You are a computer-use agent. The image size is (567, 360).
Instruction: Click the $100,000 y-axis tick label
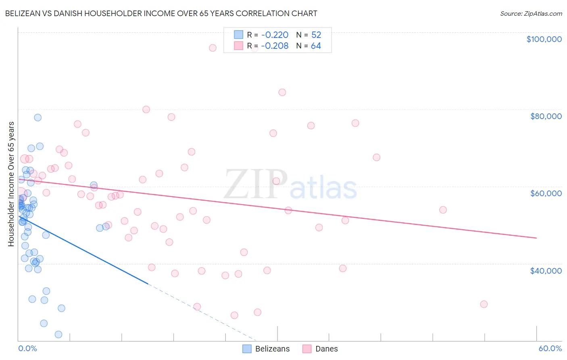544,39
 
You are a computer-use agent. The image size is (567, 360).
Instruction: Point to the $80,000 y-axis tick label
546,116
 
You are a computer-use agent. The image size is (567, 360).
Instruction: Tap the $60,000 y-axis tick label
546,193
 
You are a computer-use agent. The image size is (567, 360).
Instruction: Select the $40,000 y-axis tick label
546,270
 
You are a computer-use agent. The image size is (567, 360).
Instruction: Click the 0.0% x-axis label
27,348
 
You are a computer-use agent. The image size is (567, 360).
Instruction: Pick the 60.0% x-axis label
550,348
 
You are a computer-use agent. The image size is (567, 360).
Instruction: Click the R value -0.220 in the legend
275,35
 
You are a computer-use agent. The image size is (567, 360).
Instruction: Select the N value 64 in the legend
316,46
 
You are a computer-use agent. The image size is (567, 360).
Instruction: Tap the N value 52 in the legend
316,35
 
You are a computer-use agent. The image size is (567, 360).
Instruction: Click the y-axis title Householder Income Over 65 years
11,184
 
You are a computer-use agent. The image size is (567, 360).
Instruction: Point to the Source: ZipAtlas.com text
531,13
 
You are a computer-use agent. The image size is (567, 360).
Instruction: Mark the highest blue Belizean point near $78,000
38,117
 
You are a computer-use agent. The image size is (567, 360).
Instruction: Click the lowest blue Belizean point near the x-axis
58,334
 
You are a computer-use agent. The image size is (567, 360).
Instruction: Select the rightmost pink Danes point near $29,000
484,304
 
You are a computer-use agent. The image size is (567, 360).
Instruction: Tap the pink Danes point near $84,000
282,92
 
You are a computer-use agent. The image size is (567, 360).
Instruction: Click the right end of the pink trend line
536,238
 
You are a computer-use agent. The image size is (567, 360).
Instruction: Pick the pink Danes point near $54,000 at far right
443,210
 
